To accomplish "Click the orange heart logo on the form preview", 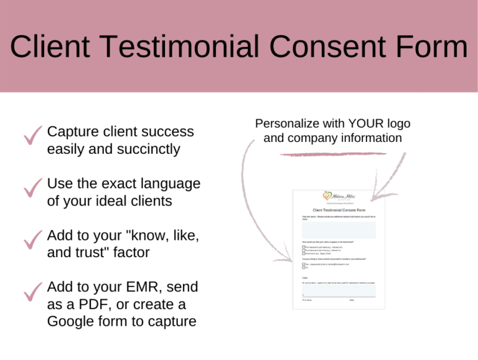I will pyautogui.click(x=327, y=196).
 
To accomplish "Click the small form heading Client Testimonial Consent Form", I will pyautogui.click(x=339, y=211).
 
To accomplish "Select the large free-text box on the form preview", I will pyautogui.click(x=339, y=230).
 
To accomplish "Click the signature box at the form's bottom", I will pyautogui.click(x=339, y=291).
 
